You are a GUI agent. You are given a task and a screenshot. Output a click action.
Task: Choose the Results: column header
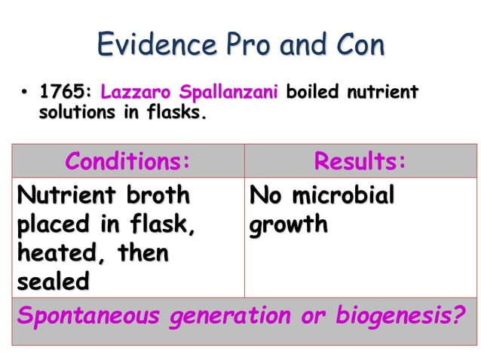(360, 161)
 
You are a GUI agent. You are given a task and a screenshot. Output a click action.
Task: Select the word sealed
(52, 282)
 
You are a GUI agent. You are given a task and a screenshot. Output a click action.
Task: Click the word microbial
(344, 196)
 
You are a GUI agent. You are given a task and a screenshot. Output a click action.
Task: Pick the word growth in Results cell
(289, 225)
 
